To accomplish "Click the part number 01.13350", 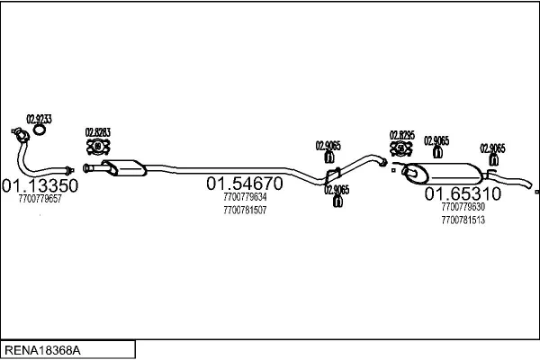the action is (40, 185).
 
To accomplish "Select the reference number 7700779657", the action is (40, 199).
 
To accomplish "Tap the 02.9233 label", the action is (39, 119).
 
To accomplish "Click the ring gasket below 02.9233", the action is (40, 130).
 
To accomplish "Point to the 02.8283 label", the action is (98, 132).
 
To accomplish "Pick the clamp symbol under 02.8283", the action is (98, 147).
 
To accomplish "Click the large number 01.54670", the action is (245, 184).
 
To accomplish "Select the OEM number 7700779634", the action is (245, 197).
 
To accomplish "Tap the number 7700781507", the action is (245, 210).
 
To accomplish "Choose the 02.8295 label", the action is (402, 135).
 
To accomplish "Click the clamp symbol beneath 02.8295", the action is (401, 148).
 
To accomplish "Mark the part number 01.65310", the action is (463, 194).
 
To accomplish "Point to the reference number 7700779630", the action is (463, 207).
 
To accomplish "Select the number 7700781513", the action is (463, 220).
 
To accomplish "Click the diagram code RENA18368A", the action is (42, 350).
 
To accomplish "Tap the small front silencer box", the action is (125, 167).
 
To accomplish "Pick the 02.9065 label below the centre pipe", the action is (337, 190).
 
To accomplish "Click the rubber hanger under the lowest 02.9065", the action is (337, 202).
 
